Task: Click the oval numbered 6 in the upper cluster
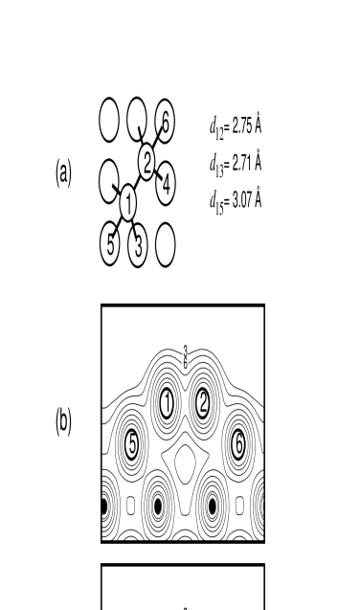click(166, 122)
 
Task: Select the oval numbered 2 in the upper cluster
click(146, 162)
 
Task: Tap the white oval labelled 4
click(166, 184)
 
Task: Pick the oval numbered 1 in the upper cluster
click(127, 203)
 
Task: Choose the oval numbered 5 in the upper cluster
click(110, 244)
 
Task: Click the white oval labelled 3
click(138, 246)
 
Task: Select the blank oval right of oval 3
click(166, 244)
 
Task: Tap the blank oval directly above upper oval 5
click(108, 181)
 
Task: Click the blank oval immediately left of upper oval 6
click(137, 118)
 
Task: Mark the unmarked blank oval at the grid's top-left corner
click(109, 120)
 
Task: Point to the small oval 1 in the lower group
click(167, 403)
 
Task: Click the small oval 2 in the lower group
click(203, 403)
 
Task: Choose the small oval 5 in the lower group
click(131, 444)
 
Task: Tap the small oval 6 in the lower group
click(238, 444)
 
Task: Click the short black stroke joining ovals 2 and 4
click(158, 175)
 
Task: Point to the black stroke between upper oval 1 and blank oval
click(116, 187)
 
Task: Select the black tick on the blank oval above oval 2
click(142, 132)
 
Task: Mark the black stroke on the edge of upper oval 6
click(160, 130)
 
